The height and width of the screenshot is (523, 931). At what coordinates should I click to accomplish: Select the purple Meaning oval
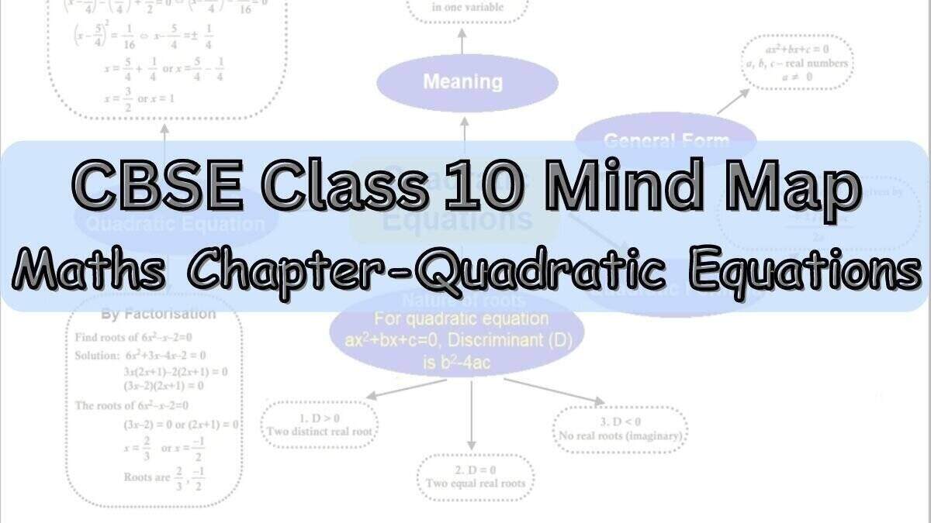click(x=463, y=81)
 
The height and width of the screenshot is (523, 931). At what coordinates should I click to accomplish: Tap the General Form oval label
click(x=666, y=140)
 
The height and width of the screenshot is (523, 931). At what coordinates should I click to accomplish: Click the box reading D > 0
click(x=320, y=424)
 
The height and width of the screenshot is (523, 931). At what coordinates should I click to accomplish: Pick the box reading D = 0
click(x=475, y=476)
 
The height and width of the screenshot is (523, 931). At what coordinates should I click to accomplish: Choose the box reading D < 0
click(x=621, y=428)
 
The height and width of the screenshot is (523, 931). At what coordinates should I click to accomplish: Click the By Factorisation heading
click(x=158, y=315)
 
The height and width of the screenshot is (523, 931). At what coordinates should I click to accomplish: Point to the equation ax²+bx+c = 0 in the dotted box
click(x=796, y=50)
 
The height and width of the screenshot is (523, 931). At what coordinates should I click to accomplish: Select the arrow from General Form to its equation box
click(x=733, y=101)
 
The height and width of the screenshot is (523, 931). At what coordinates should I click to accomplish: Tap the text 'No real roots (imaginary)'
click(x=621, y=436)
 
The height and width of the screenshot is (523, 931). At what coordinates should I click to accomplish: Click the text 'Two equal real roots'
click(x=475, y=483)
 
